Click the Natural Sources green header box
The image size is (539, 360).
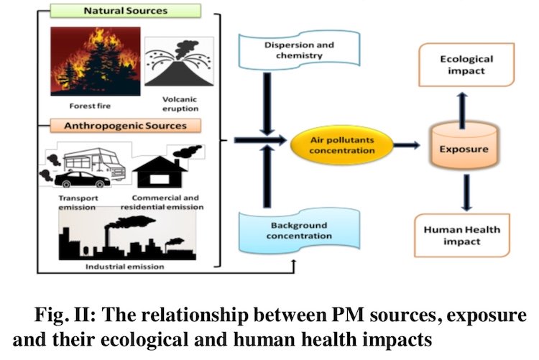click(126, 11)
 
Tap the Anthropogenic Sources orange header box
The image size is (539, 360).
click(126, 126)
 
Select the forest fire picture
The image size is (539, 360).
click(96, 61)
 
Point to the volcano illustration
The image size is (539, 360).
click(179, 62)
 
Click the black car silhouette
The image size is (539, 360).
click(83, 180)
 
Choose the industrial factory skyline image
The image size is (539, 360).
click(127, 237)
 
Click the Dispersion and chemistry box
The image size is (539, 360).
click(299, 50)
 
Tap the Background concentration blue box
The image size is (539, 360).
click(299, 231)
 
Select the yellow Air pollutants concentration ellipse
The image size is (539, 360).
click(341, 145)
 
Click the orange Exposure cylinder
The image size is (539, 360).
click(464, 146)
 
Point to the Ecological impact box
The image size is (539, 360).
click(466, 65)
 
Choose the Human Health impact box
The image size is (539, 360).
click(462, 235)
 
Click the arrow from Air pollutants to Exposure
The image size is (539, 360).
click(407, 145)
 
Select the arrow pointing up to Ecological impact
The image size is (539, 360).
click(462, 110)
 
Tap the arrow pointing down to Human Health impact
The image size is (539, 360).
click(466, 193)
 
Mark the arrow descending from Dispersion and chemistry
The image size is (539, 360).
click(267, 104)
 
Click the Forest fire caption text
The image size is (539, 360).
click(90, 106)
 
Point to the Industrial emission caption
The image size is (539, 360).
click(125, 267)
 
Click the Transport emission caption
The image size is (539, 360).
click(78, 203)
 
